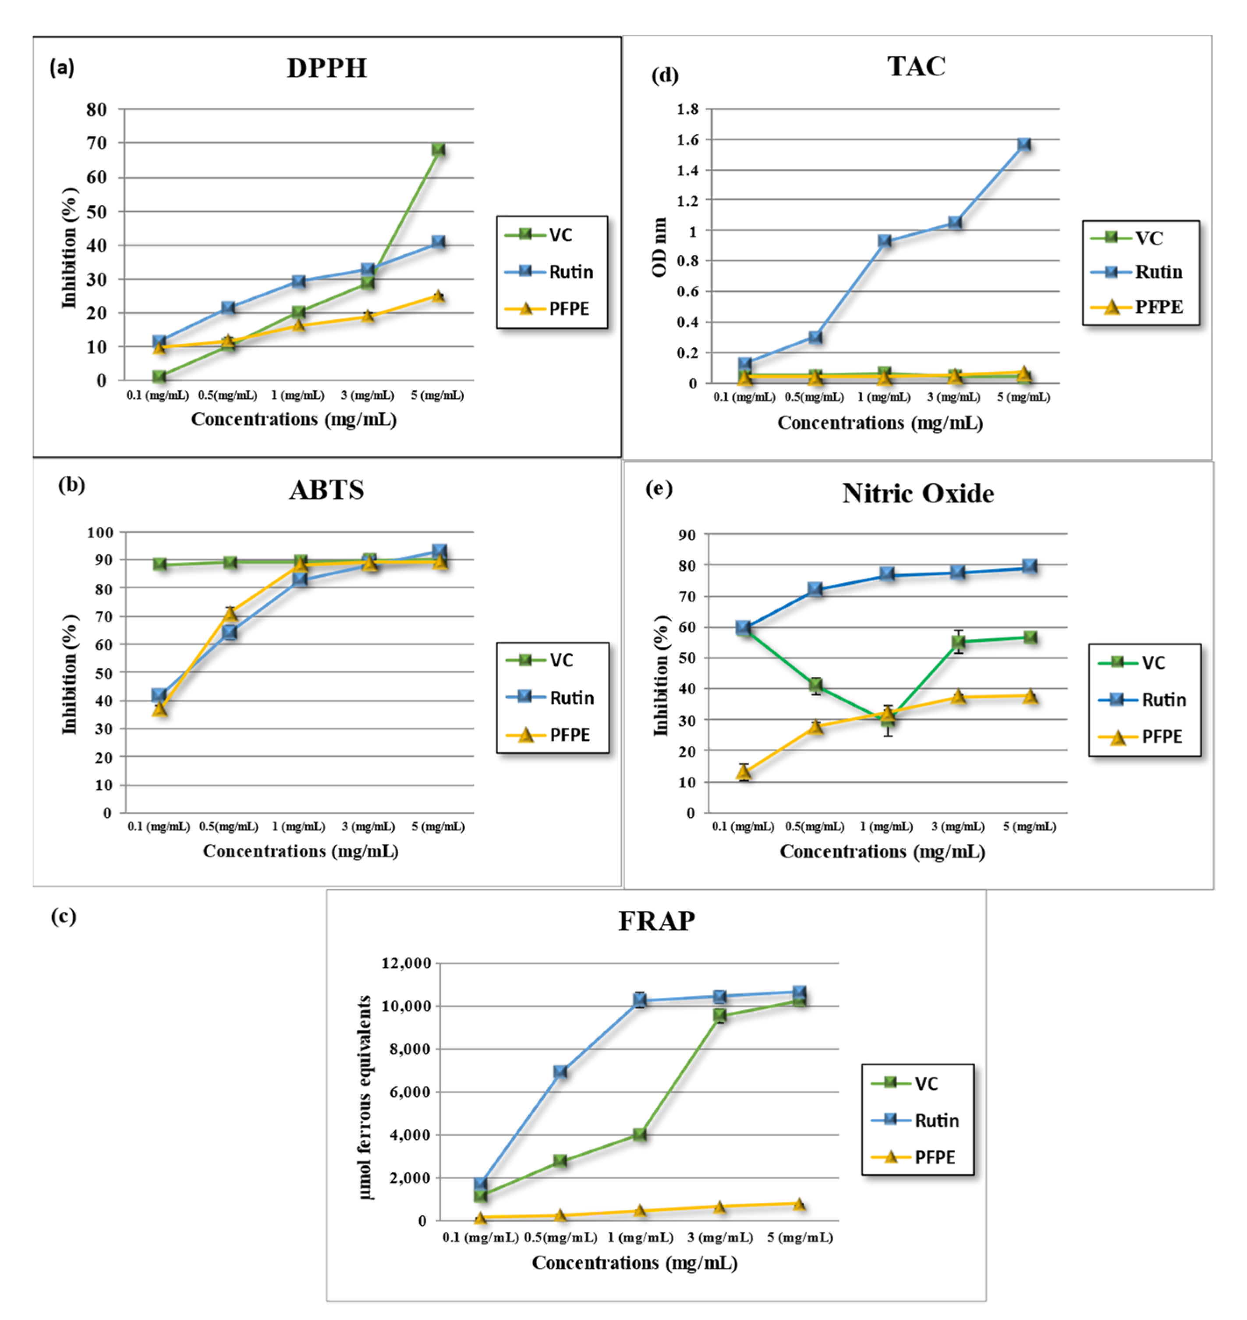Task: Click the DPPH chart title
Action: (x=326, y=68)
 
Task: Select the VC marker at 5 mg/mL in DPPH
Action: (x=438, y=149)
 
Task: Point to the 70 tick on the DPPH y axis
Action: (x=96, y=143)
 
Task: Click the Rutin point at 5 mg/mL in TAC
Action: (x=1024, y=144)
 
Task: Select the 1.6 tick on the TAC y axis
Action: (x=687, y=140)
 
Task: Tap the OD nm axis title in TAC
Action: (x=659, y=247)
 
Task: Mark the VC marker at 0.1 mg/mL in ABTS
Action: (x=159, y=564)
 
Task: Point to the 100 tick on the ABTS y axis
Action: (x=100, y=532)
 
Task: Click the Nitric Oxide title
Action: (x=918, y=494)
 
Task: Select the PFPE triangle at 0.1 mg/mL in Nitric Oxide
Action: (x=744, y=772)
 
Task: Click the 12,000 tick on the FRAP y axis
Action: (x=406, y=963)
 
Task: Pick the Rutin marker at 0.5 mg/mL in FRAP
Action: (x=560, y=1071)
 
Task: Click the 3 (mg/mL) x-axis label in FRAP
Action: (x=720, y=1237)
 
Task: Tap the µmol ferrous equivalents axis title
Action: (x=365, y=1097)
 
